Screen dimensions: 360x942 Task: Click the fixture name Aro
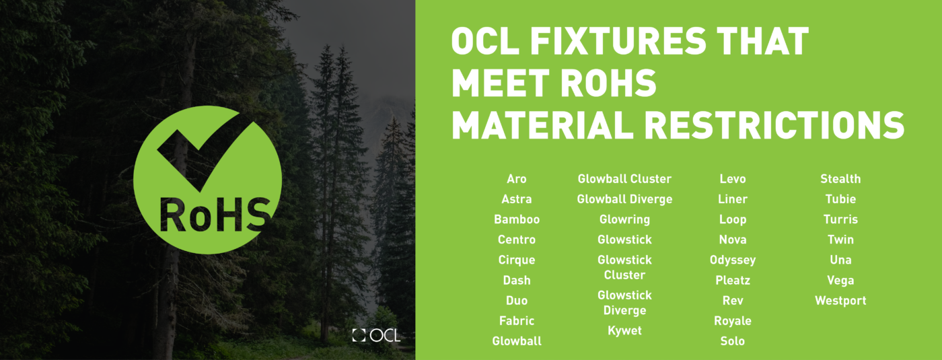517,179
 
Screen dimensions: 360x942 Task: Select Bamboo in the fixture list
517,219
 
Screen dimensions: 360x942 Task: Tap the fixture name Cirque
517,260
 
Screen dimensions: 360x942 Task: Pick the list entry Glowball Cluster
624,179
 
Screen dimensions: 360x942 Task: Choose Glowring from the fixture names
624,219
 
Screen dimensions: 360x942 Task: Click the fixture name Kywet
624,331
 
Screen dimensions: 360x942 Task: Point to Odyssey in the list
733,260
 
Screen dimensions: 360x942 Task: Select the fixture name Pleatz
733,280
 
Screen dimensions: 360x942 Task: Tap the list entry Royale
733,321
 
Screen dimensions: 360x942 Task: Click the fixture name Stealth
840,179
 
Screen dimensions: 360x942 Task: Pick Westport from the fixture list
840,301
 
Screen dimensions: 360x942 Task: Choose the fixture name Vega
840,280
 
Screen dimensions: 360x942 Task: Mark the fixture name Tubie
840,199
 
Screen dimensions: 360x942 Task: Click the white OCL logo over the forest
376,334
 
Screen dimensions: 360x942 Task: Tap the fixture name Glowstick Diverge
624,303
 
